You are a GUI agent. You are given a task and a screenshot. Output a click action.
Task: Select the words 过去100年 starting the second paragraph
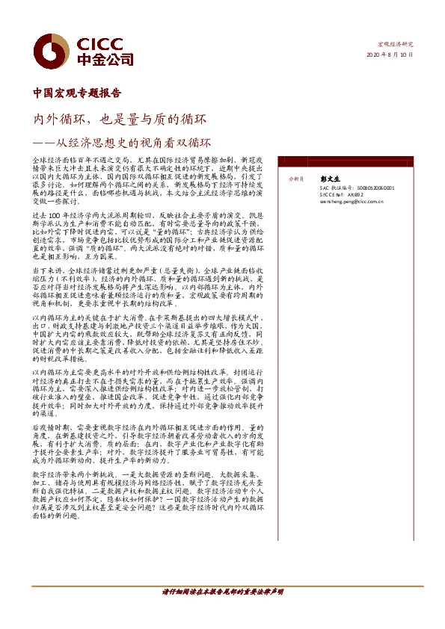click(x=48, y=214)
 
